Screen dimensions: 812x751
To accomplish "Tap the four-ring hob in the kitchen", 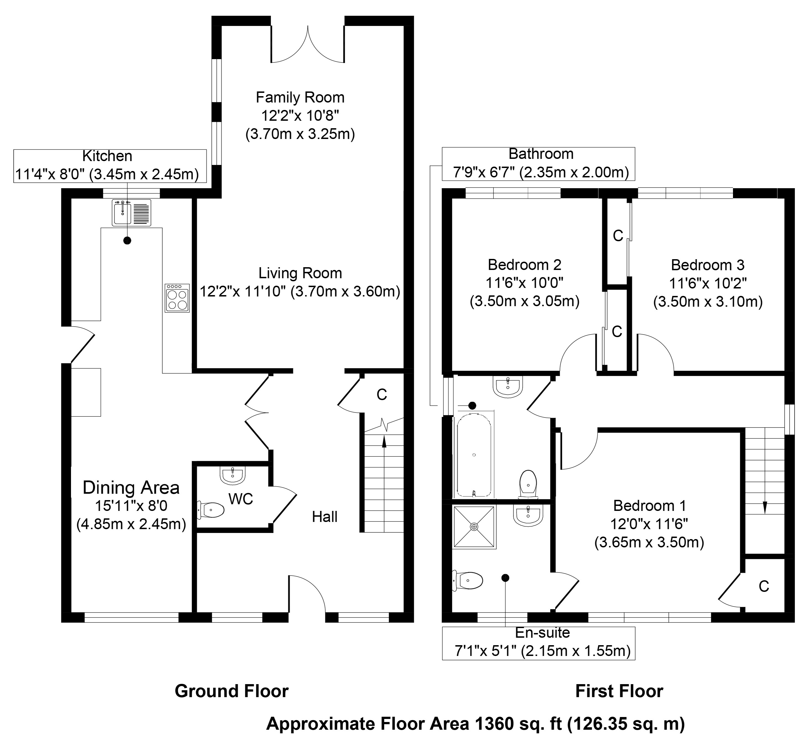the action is [177, 298].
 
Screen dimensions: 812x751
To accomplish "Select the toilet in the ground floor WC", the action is [211, 510].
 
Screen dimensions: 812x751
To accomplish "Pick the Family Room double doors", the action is [308, 45].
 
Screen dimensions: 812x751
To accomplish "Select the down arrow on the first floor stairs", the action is [764, 507].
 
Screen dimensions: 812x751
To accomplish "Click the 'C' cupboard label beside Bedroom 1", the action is [764, 586].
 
